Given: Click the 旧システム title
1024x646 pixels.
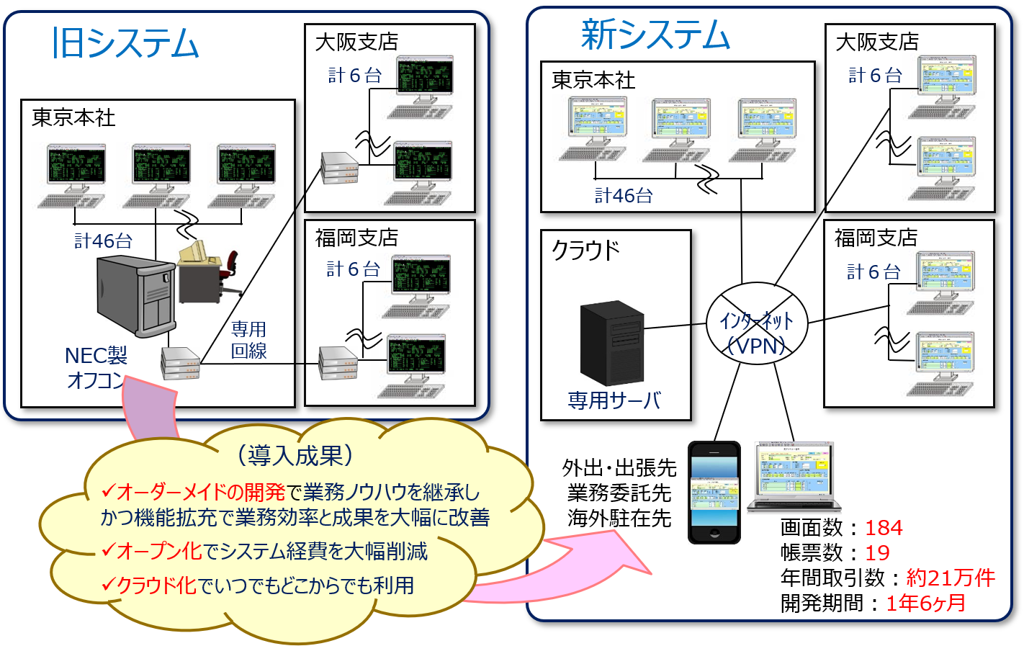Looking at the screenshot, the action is coord(125,43).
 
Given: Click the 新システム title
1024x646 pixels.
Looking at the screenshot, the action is coord(655,35).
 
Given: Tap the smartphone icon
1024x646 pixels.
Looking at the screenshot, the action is coord(714,493).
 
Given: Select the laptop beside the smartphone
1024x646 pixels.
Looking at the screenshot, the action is coord(794,476).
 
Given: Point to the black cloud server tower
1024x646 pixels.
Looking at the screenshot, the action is coord(612,343).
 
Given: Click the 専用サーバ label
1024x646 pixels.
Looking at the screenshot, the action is coord(614,400).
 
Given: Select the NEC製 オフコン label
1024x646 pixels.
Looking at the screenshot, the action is coord(96,367).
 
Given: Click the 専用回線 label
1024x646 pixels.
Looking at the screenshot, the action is coord(248,340).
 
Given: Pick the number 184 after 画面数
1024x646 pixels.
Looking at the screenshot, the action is coord(884,528).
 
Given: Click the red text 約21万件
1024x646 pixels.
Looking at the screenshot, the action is coord(951,578).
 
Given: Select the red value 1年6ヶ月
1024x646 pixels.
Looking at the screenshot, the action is coord(925,603).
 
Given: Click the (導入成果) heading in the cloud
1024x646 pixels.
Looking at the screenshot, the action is coord(295,455).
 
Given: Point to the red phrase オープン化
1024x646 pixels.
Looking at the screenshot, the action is coord(159,551).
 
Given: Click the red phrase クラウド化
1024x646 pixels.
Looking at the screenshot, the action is coord(156,586).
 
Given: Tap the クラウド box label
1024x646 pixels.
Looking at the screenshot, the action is coord(585,251).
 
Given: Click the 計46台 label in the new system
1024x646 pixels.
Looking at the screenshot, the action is coord(624,196).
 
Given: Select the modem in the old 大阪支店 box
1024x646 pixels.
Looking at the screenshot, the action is coord(340,168).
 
